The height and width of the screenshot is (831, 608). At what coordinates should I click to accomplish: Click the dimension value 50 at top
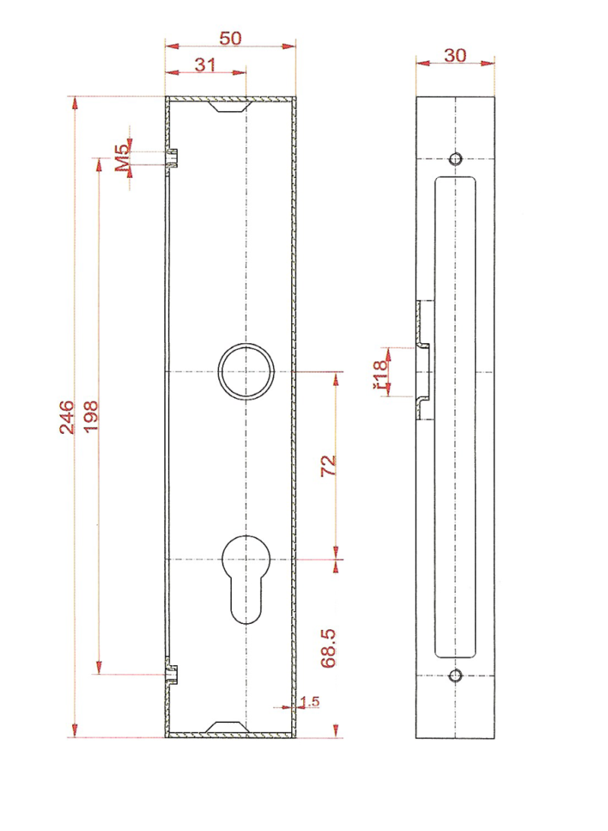[x=230, y=38]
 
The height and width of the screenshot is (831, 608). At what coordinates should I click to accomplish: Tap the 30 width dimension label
[x=454, y=55]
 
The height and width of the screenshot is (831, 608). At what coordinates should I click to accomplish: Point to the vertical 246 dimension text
[x=67, y=416]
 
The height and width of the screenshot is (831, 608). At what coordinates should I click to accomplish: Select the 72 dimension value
[x=328, y=466]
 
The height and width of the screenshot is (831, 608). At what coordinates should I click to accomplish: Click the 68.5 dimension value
[x=328, y=648]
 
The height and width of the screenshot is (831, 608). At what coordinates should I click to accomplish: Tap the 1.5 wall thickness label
[x=309, y=701]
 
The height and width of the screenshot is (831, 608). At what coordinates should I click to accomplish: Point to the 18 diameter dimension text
[x=380, y=373]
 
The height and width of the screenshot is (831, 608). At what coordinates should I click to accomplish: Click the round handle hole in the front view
[x=245, y=371]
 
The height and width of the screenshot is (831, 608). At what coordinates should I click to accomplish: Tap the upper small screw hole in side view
[x=455, y=158]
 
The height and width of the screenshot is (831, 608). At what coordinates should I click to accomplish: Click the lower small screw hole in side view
[x=455, y=675]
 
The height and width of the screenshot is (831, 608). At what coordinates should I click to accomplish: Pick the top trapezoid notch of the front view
[x=230, y=106]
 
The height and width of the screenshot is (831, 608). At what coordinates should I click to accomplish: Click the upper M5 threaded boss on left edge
[x=173, y=158]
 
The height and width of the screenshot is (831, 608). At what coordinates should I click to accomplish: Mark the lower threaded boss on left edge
[x=173, y=674]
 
